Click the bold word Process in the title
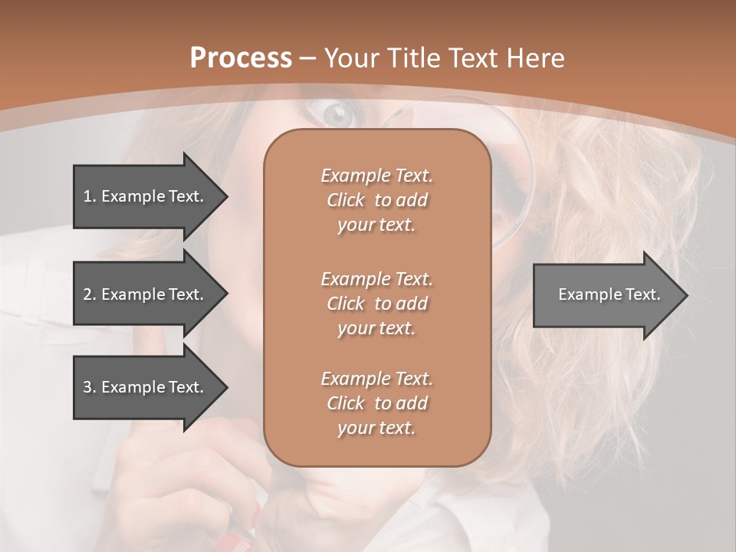pos(241,58)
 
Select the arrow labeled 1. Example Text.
pos(144,196)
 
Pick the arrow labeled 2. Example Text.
pos(144,294)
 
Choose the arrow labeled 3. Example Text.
pos(144,387)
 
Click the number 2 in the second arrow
pos(87,294)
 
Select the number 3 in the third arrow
pos(87,387)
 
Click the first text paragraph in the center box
pos(376,200)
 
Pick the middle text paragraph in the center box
pos(376,304)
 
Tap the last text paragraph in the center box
pos(376,403)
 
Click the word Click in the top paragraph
pos(346,200)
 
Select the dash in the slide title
pos(308,59)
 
